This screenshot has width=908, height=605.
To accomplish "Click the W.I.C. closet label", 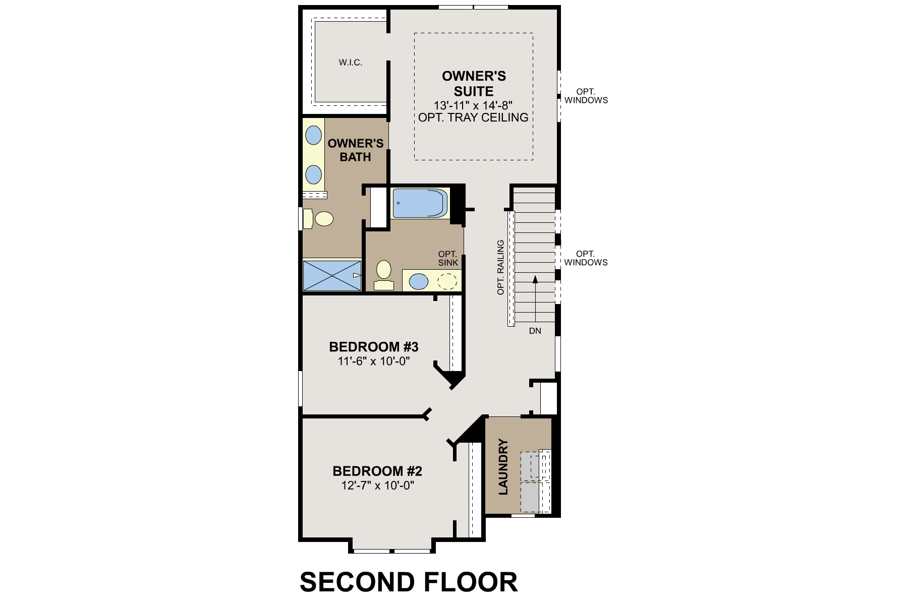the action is coord(350,63).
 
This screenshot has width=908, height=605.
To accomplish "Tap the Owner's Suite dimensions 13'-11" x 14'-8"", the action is coord(473,105).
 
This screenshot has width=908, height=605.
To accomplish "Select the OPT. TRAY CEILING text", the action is coord(473,117).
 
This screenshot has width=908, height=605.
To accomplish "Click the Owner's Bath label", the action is coord(356,150).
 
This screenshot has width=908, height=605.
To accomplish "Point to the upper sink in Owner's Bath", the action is coord(314,135).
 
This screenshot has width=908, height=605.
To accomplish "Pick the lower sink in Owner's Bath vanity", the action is coord(314,174).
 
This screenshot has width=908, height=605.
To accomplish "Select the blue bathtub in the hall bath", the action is coord(420,203).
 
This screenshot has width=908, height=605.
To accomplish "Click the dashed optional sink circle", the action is coord(446,281).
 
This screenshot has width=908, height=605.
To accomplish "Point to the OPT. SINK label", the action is coord(448,258).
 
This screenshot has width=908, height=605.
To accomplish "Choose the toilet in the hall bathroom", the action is coord(384,275).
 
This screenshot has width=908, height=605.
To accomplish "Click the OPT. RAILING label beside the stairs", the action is coord(500,267).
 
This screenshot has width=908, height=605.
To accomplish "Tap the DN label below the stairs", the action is coord(535,331).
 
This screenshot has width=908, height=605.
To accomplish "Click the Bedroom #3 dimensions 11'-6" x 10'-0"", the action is coord(373,361).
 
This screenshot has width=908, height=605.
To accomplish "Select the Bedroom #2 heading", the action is coord(377,471).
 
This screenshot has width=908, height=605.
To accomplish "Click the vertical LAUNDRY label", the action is coord(503,467).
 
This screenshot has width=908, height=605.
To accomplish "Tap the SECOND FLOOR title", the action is coord(409,582).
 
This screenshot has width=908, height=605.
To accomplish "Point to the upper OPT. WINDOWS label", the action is coord(586,96).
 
